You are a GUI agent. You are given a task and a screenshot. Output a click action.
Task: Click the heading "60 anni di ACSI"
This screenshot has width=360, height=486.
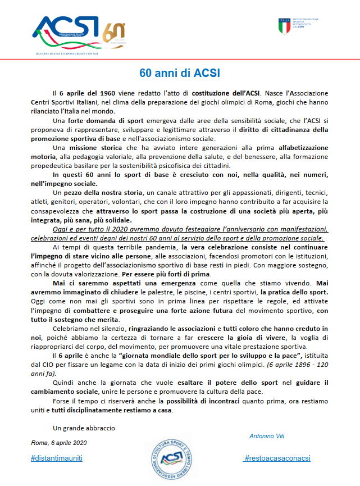pyautogui.click(x=180, y=73)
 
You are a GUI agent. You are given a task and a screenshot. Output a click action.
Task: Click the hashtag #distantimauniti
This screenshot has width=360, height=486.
pyautogui.click(x=57, y=458)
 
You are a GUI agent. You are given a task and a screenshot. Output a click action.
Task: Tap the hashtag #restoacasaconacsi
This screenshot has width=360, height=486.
pyautogui.click(x=277, y=458)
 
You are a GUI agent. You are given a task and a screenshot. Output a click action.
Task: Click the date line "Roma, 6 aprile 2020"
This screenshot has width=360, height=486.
pyautogui.click(x=59, y=443)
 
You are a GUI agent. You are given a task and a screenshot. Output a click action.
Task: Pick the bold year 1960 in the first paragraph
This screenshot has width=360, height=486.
pyautogui.click(x=109, y=92)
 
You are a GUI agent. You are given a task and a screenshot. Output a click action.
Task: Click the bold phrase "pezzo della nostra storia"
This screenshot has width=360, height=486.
pyautogui.click(x=104, y=193)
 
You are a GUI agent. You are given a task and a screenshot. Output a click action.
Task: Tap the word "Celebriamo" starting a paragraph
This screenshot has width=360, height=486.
pyautogui.click(x=69, y=328)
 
